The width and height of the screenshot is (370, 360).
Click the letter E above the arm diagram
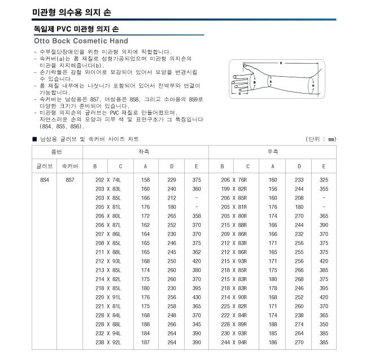(281, 63)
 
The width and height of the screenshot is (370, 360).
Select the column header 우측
(272, 152)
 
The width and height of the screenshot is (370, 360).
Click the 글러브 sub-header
(45, 166)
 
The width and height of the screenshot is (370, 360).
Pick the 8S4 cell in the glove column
(45, 179)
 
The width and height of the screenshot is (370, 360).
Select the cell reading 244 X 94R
(234, 342)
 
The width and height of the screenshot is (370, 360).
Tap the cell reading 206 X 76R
(234, 179)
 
